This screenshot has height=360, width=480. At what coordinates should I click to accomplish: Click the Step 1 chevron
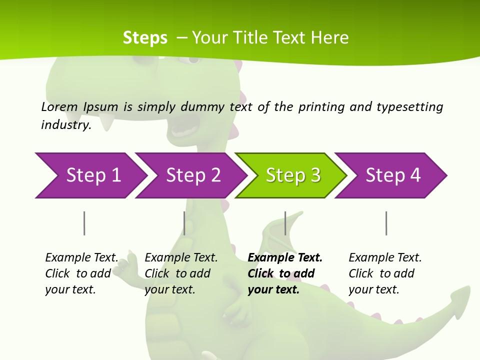pos(90,175)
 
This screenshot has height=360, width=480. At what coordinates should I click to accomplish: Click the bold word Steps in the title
pos(145,38)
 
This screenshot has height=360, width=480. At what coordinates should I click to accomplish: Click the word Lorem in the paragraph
pos(59,106)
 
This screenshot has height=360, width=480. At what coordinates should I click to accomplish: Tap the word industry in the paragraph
pos(65,124)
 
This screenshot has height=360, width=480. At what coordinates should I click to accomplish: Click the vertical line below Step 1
pos(84,223)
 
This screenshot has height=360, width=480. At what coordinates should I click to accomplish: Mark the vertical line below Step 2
pos(184,223)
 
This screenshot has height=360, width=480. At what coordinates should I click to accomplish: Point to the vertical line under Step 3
pos(285,223)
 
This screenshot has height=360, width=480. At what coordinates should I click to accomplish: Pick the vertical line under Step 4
pos(386,223)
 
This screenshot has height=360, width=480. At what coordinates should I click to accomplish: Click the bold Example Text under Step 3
pos(285,257)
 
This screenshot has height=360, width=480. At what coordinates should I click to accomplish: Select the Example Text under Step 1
pos(81,257)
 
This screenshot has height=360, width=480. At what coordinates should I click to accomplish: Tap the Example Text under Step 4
pos(385,257)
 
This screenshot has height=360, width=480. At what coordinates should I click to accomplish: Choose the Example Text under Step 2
pos(181,257)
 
